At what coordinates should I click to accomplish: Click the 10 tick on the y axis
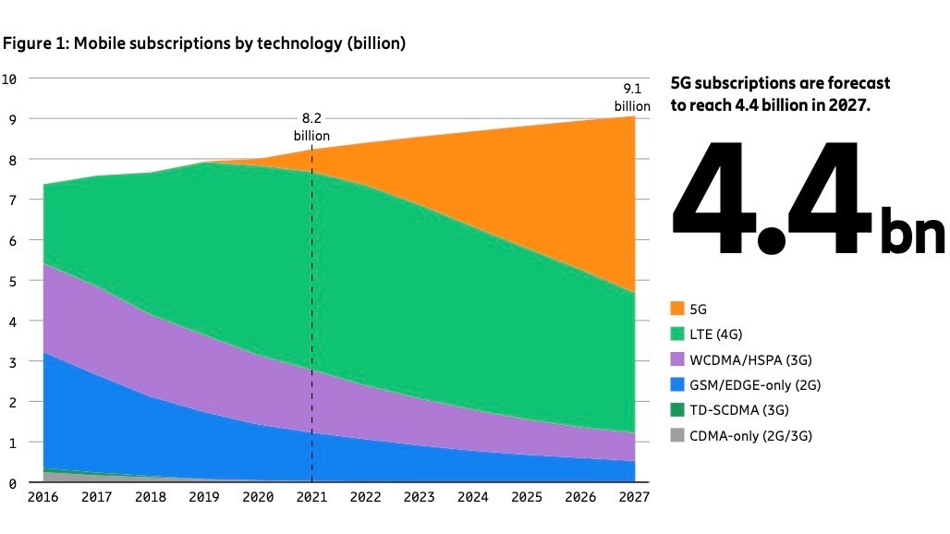coord(10,79)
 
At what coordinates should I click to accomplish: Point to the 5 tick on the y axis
coord(13,281)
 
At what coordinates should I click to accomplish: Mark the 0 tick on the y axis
coord(13,483)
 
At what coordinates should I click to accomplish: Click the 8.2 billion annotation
coord(311,127)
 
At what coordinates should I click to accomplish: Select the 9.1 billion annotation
coord(632,97)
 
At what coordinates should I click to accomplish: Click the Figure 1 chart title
coord(204,43)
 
